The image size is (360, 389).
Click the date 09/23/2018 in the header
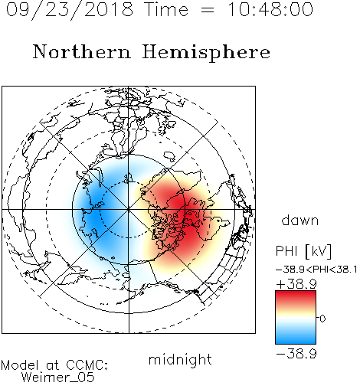point(70,10)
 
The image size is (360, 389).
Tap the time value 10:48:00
point(270,9)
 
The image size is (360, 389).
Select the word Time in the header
point(166,9)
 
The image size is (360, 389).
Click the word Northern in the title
point(82,51)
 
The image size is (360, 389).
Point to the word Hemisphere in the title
point(206,53)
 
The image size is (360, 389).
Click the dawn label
point(300,220)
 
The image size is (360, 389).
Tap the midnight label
point(180,360)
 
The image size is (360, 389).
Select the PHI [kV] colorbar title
point(304,251)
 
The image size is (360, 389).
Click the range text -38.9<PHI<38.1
point(316,270)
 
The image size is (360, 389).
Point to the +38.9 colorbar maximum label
point(296,284)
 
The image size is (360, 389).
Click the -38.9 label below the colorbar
point(296,354)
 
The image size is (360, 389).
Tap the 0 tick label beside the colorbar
point(322,319)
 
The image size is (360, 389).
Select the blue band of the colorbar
point(296,337)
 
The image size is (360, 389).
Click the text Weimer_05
point(58,378)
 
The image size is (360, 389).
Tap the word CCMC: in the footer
point(87,364)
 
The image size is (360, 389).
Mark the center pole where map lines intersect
point(129,210)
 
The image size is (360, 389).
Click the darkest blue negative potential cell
point(94,214)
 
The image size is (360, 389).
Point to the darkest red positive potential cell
point(189,217)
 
